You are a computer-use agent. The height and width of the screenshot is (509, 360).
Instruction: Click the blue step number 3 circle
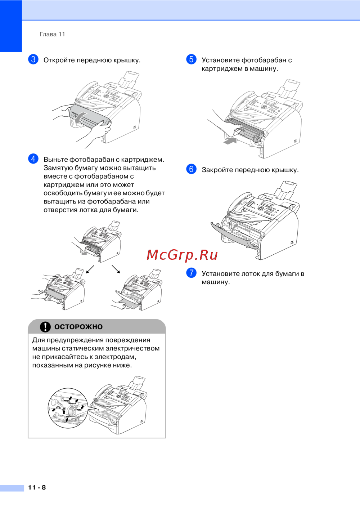tap(33, 59)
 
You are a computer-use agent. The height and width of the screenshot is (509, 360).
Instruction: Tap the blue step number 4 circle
tap(33, 158)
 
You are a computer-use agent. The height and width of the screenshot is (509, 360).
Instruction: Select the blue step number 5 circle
tap(191, 59)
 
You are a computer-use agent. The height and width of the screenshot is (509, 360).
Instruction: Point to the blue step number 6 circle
tap(191, 169)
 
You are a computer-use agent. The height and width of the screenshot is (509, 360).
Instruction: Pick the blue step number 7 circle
tap(191, 273)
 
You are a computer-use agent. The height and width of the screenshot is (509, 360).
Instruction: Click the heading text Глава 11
tap(52, 34)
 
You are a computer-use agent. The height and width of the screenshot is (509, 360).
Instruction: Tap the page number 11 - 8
tap(37, 487)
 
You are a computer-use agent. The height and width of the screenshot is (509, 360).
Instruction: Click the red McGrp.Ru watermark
tap(182, 255)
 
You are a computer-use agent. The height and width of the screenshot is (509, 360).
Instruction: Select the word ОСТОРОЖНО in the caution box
tap(78, 327)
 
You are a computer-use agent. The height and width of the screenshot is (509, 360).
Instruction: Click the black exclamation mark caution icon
tap(45, 327)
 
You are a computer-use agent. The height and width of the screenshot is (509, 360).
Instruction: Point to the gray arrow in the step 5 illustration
tap(230, 141)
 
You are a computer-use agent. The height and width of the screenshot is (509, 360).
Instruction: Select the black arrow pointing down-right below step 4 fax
tap(116, 269)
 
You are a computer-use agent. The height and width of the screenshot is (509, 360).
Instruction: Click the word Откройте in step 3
tap(59, 60)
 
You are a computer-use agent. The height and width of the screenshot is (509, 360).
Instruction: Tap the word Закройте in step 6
tap(217, 170)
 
